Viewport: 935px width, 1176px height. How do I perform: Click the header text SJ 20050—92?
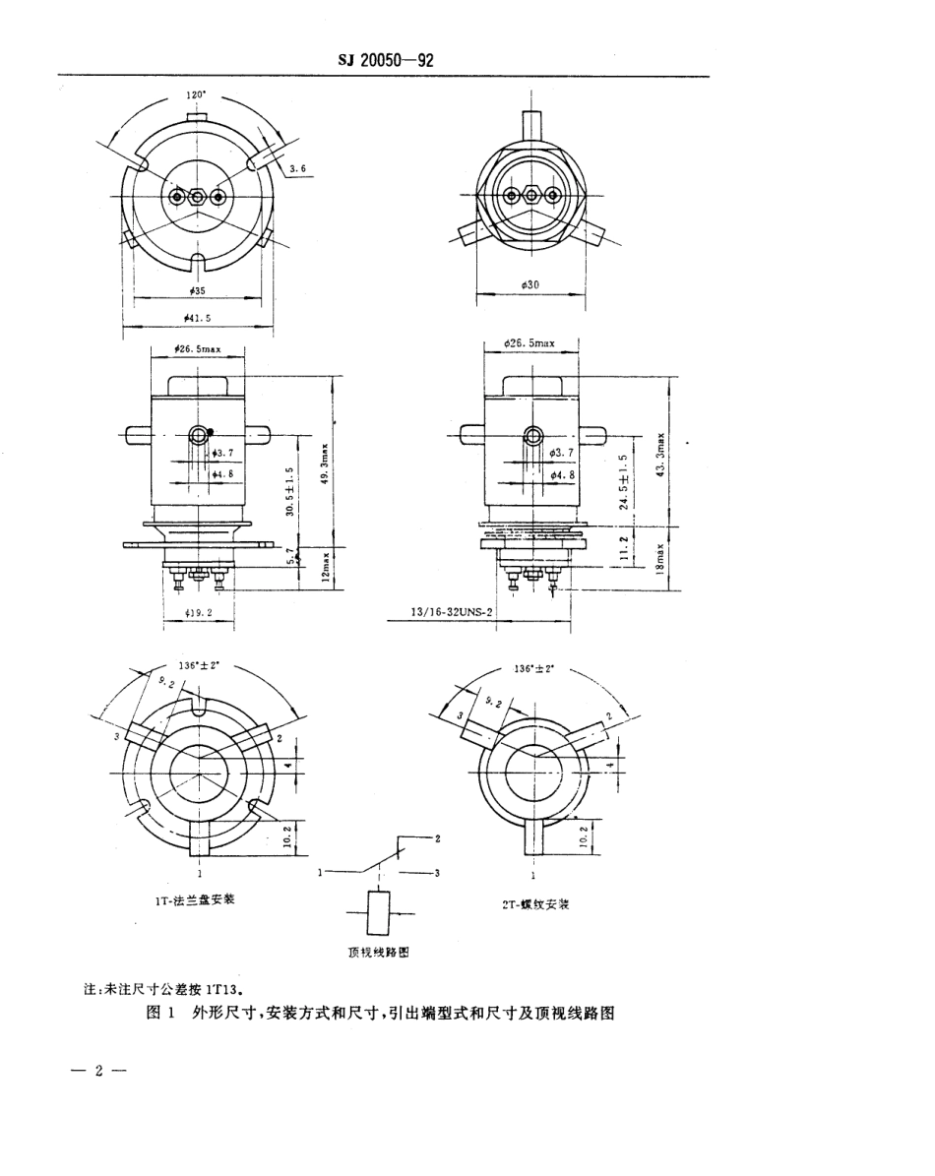386,60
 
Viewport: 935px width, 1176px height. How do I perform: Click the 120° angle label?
197,95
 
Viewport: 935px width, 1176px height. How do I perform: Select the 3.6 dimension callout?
298,169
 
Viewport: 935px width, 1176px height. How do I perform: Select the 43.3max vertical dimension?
663,456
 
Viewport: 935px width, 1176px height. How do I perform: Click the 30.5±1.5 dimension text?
289,492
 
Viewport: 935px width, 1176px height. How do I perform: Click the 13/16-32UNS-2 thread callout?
452,611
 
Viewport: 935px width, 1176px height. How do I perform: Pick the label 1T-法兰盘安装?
195,898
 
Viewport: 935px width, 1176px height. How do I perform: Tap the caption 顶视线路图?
379,953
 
